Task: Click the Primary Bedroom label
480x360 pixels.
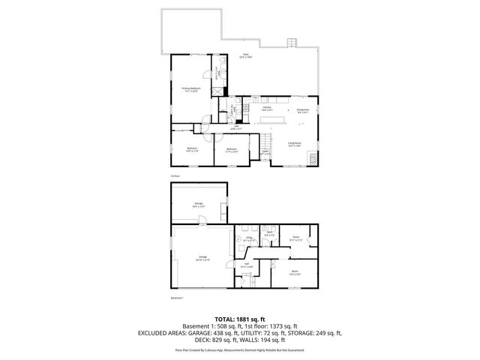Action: click(x=191, y=90)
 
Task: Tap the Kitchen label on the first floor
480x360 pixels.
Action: click(x=267, y=109)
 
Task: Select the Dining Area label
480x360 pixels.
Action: click(x=303, y=111)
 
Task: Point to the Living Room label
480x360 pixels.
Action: click(x=294, y=145)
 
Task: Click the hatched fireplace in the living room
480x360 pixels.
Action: click(x=316, y=159)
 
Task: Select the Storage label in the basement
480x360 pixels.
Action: click(x=199, y=204)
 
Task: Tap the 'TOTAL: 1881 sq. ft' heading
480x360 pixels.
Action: click(x=239, y=318)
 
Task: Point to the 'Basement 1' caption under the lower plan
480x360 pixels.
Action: click(x=177, y=298)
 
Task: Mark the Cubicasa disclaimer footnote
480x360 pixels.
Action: click(x=239, y=349)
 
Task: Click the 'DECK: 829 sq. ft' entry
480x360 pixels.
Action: click(x=202, y=340)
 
